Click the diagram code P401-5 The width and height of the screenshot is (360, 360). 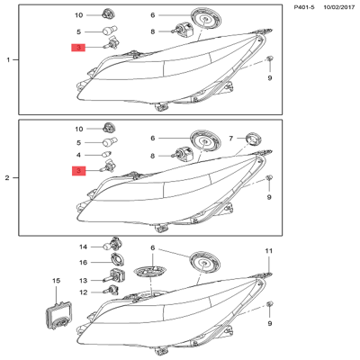304,7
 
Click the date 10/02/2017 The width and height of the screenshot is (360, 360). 338,7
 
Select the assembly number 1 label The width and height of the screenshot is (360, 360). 8,60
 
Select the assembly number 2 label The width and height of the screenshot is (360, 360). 7,178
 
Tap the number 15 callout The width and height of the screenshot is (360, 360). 56,281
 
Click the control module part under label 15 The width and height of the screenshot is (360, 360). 58,316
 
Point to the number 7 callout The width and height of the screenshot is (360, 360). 231,139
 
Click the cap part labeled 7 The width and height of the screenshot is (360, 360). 253,139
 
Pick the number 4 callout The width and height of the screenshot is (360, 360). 78,155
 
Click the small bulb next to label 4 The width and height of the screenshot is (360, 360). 106,155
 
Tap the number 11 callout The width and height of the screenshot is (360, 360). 268,251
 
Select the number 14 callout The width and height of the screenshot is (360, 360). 83,247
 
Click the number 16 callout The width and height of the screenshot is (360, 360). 83,263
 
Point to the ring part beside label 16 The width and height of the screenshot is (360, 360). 117,259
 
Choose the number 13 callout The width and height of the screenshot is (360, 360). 83,281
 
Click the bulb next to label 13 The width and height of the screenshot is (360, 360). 115,275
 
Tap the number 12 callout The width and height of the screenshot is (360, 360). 83,292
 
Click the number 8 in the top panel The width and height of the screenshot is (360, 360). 153,31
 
